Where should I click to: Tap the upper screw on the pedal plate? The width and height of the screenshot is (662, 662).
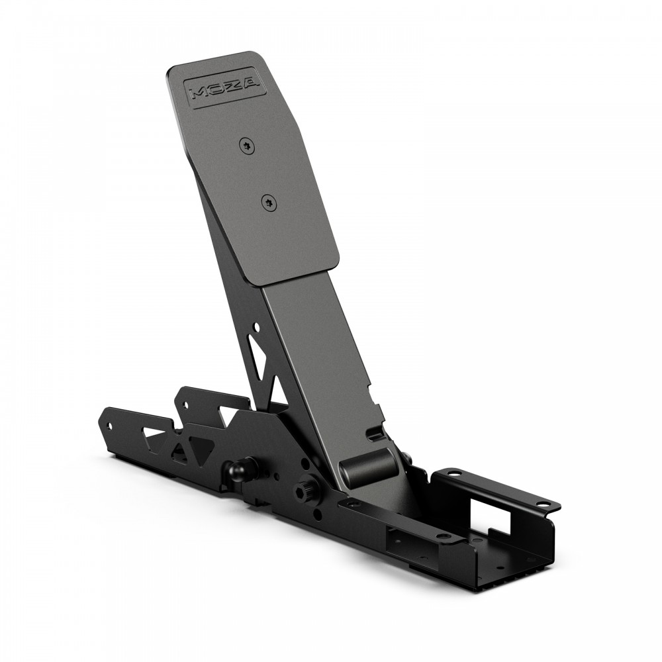pos(248,145)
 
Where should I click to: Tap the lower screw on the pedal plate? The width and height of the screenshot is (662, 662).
pos(269,203)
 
